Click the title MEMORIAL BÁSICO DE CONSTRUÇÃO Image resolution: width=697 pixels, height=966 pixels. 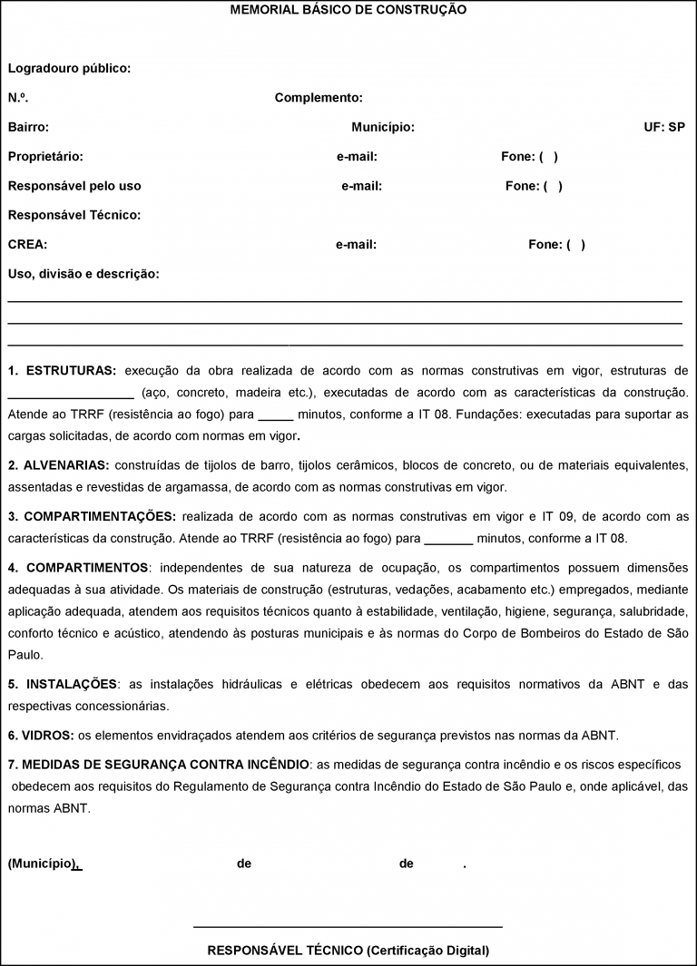[x=348, y=9]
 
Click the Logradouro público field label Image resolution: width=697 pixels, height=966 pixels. [x=69, y=68]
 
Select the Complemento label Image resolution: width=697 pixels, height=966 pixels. [x=319, y=98]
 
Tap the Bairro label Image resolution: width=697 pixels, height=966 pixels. [x=28, y=127]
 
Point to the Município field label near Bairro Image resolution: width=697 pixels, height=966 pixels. [x=383, y=127]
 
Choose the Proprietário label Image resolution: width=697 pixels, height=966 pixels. [x=45, y=157]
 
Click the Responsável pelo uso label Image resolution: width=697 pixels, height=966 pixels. [x=74, y=186]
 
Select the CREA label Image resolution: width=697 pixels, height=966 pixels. [x=27, y=244]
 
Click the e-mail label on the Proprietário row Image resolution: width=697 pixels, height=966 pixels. [x=357, y=157]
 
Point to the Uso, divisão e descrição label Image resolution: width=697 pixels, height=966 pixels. [x=83, y=273]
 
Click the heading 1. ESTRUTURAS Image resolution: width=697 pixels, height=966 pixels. [x=62, y=371]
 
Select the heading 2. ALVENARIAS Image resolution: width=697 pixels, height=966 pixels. [x=58, y=465]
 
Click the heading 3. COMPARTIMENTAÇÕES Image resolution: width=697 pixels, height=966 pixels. [x=92, y=516]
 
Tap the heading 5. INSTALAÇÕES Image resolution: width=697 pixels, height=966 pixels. [x=63, y=683]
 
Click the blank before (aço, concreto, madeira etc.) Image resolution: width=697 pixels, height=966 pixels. [x=71, y=395]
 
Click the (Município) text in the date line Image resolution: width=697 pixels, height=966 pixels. [x=41, y=864]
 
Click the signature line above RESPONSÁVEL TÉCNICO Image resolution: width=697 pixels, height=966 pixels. [x=348, y=927]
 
